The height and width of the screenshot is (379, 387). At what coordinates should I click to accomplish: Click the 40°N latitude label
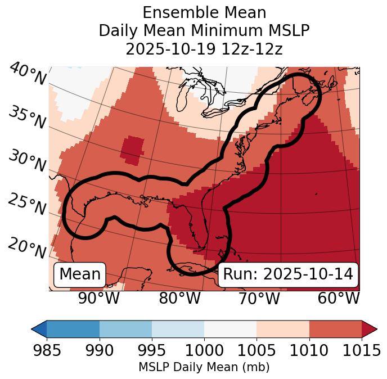28,75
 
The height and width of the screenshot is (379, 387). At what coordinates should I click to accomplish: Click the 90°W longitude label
99,298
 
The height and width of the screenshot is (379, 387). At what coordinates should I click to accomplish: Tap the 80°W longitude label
180,298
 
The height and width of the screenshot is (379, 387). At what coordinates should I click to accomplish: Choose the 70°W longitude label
259,298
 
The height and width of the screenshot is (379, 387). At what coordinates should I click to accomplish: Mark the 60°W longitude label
339,298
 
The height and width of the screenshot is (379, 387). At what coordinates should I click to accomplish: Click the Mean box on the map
80,274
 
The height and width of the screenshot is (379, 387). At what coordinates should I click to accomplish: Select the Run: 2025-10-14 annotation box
288,274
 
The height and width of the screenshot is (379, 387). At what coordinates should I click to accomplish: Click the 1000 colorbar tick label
204,351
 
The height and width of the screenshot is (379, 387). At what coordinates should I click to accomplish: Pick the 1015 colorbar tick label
362,351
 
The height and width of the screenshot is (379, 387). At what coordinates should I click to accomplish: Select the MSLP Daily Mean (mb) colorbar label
204,368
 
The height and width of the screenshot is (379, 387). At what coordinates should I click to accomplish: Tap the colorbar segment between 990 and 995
125,328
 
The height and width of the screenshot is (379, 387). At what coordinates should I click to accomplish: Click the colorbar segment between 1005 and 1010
283,328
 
